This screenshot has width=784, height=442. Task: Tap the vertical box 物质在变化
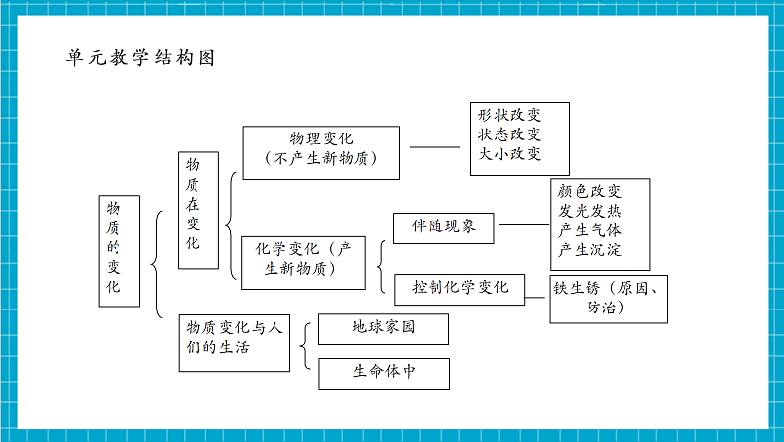click(x=197, y=210)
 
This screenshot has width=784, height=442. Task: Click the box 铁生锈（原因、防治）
click(x=610, y=299)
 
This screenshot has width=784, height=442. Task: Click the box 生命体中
click(x=384, y=374)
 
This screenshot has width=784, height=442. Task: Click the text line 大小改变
click(x=510, y=154)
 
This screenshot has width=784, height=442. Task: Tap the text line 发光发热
click(x=589, y=212)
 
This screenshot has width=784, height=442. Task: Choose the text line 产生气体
click(x=589, y=230)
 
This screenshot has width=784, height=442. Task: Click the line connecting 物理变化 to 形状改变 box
click(x=435, y=148)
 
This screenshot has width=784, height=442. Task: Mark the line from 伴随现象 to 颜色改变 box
click(x=522, y=225)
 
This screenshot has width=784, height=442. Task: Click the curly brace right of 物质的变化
click(x=158, y=263)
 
